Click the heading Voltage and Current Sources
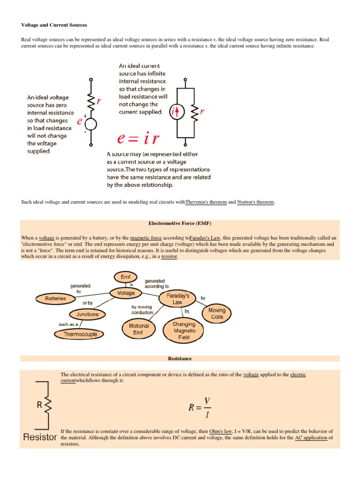coord(54,24)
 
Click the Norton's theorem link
coord(256,202)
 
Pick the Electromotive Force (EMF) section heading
coord(180,223)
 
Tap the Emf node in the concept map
coord(125,277)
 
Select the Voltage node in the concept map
coord(125,293)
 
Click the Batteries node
coord(55,298)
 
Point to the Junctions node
coord(87,314)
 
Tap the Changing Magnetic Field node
coord(184,330)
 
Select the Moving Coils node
coord(217,314)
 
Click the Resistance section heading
coord(180,359)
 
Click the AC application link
coord(311,437)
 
